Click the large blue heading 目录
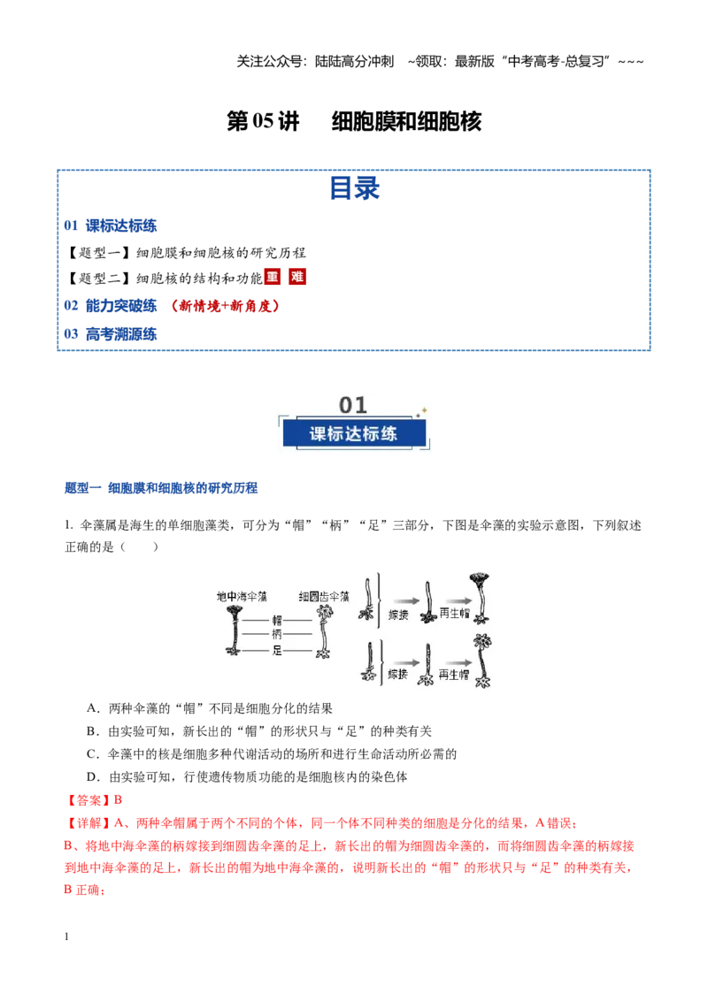pyautogui.click(x=354, y=188)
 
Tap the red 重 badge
pyautogui.click(x=273, y=277)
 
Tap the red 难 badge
pyautogui.click(x=297, y=277)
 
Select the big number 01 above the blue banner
pyautogui.click(x=353, y=405)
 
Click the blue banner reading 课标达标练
pyautogui.click(x=354, y=433)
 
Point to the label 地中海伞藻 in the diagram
pyautogui.click(x=242, y=596)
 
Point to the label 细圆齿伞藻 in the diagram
pyautogui.click(x=324, y=596)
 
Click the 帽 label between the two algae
pyautogui.click(x=277, y=620)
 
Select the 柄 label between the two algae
pyautogui.click(x=277, y=634)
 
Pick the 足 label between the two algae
pyautogui.click(x=277, y=651)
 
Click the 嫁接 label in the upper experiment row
pyautogui.click(x=398, y=615)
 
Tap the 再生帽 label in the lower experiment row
pyautogui.click(x=454, y=674)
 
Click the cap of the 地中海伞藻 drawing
pyautogui.click(x=235, y=611)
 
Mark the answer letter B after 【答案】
pyautogui.click(x=119, y=800)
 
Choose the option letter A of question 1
pyautogui.click(x=92, y=708)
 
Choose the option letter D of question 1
pyautogui.click(x=92, y=777)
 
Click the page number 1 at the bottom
pyautogui.click(x=66, y=936)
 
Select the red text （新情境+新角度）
pyautogui.click(x=225, y=306)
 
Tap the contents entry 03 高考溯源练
pyautogui.click(x=110, y=334)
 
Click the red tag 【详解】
pyautogui.click(x=88, y=823)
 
